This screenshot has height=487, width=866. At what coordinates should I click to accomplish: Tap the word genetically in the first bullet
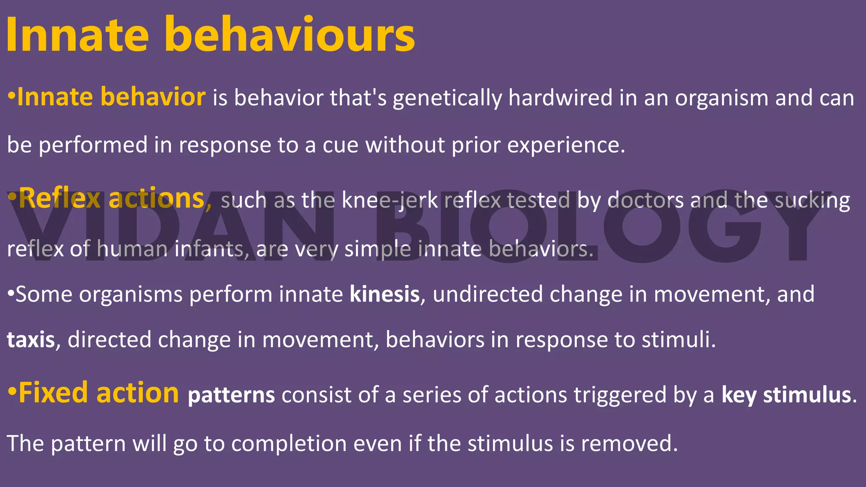click(447, 98)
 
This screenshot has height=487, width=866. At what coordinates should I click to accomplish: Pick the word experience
click(566, 146)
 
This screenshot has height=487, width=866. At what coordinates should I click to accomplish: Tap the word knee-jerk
click(389, 200)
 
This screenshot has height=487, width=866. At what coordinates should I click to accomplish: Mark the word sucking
click(812, 201)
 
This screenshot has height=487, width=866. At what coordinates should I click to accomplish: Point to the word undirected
click(488, 294)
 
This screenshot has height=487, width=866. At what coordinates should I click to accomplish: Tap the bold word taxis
click(31, 340)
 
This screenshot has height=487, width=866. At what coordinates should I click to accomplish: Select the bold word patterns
click(231, 395)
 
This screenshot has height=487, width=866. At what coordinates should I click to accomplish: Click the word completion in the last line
click(289, 444)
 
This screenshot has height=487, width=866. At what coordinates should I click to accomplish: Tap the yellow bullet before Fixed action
click(12, 393)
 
